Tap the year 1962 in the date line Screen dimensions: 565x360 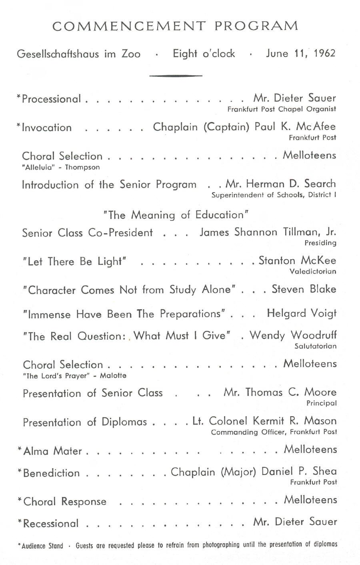325,54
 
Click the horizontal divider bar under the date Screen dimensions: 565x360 176,75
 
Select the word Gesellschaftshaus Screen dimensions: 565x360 58,54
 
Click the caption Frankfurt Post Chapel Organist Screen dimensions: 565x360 282,109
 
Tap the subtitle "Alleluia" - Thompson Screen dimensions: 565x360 61,167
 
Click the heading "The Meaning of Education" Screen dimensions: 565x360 176,215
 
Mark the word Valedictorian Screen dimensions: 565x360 313,272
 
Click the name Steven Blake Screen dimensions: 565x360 304,289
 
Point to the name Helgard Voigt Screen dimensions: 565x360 302,313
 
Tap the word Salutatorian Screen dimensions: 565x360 315,346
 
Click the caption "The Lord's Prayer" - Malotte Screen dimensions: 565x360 74,376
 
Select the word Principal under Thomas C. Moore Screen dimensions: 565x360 322,403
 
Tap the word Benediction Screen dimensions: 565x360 52,473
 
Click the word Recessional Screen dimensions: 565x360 50,523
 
